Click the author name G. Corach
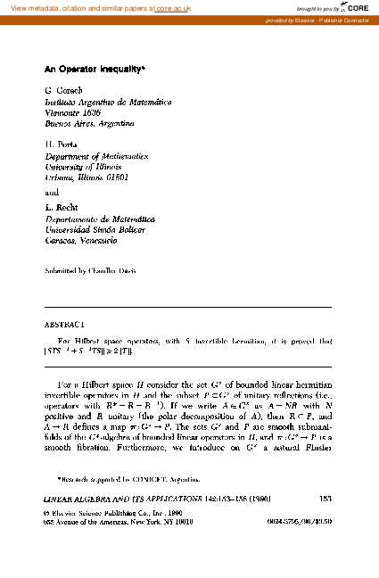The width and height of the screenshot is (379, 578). pyautogui.click(x=62, y=91)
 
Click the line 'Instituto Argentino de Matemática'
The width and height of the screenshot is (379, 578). pyautogui.click(x=107, y=103)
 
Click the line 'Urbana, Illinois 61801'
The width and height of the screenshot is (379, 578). pyautogui.click(x=91, y=174)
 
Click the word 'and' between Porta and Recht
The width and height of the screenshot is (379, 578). pyautogui.click(x=52, y=190)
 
